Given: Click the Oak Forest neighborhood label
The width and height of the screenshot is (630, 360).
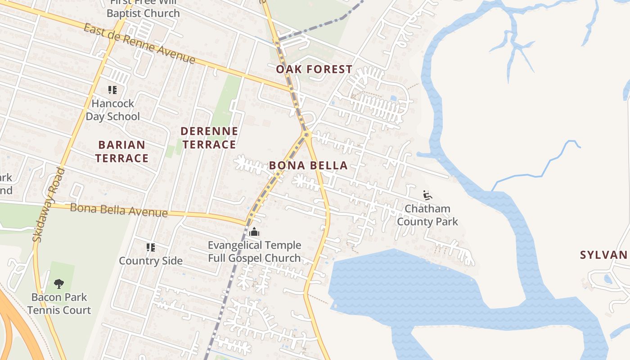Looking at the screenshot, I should (x=314, y=69).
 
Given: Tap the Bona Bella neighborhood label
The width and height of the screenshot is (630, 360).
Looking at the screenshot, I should (x=308, y=166).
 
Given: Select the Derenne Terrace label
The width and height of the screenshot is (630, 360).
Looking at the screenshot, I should (x=209, y=138).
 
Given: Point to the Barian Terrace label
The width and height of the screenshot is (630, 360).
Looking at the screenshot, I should (x=121, y=152).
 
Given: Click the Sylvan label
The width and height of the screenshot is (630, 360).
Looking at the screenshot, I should (x=603, y=255).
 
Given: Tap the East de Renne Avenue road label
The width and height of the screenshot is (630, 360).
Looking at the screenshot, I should (x=139, y=44).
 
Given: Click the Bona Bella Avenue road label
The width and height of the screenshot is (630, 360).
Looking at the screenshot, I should (x=119, y=210).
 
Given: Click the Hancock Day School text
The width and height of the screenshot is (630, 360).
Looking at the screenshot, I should (x=113, y=110).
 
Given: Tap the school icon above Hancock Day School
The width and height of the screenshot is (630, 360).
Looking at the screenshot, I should (x=112, y=90).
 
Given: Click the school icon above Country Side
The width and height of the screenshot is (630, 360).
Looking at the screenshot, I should (x=151, y=247).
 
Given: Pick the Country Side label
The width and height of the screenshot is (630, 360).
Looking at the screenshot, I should (x=151, y=261).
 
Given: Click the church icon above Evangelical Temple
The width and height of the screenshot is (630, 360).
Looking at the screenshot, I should (x=254, y=232).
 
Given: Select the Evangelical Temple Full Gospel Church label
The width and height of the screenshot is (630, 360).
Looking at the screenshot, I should (x=254, y=252).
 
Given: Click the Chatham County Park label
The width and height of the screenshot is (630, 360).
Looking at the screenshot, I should (x=427, y=215).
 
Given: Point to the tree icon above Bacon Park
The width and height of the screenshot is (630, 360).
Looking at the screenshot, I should (x=58, y=283).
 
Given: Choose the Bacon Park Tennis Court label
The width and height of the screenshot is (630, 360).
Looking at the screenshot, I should (x=59, y=304).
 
